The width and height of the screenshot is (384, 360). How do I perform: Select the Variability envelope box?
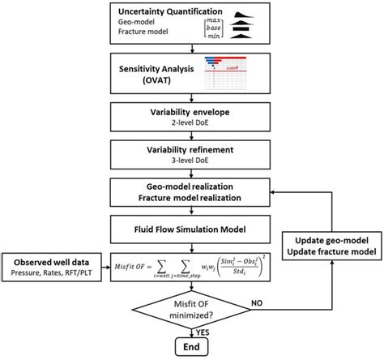pos(190,120)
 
